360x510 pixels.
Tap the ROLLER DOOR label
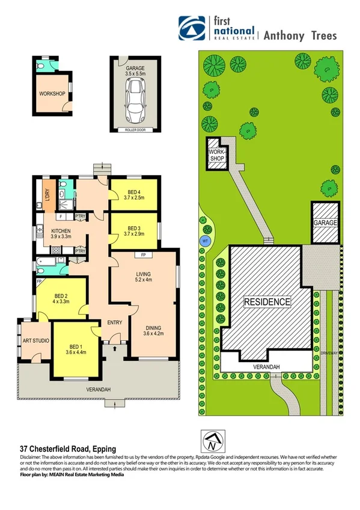click(x=135, y=130)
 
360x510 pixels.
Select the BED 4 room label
click(x=133, y=194)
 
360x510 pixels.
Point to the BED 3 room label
click(x=133, y=232)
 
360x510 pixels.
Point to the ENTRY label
click(x=114, y=323)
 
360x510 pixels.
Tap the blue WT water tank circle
click(x=204, y=241)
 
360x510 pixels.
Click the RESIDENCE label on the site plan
click(x=267, y=301)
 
